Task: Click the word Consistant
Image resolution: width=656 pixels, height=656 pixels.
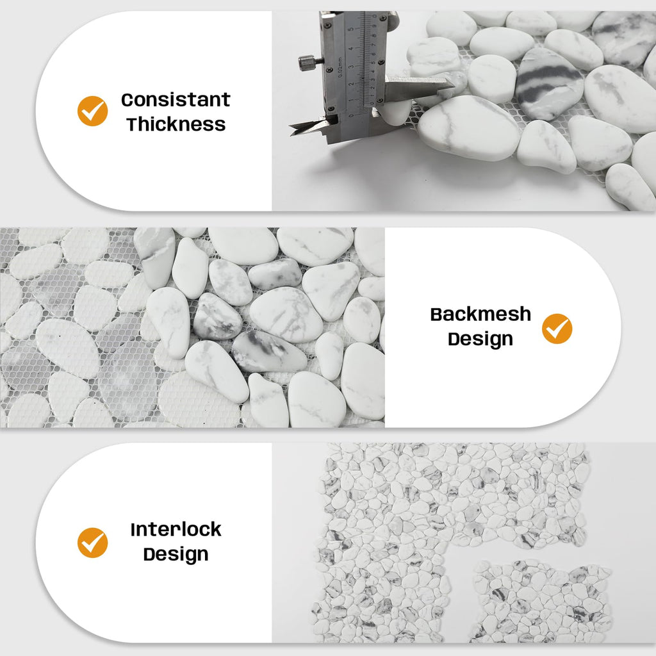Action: pos(176,99)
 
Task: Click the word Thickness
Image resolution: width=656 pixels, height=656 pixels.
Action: pos(176,124)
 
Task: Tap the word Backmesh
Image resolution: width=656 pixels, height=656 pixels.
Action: pos(480,314)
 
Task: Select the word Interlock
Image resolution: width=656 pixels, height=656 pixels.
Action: pos(176,529)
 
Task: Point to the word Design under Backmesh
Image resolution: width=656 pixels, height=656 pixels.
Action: pos(480,340)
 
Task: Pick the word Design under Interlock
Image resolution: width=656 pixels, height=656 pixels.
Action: pos(176,555)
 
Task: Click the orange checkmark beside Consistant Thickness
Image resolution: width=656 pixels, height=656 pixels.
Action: pos(92,111)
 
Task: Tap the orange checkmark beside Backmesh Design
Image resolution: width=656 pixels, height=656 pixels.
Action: pos(557,329)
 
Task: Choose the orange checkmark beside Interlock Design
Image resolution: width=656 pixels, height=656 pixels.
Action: pos(92,543)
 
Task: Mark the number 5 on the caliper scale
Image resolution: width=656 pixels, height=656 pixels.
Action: pos(350,29)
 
